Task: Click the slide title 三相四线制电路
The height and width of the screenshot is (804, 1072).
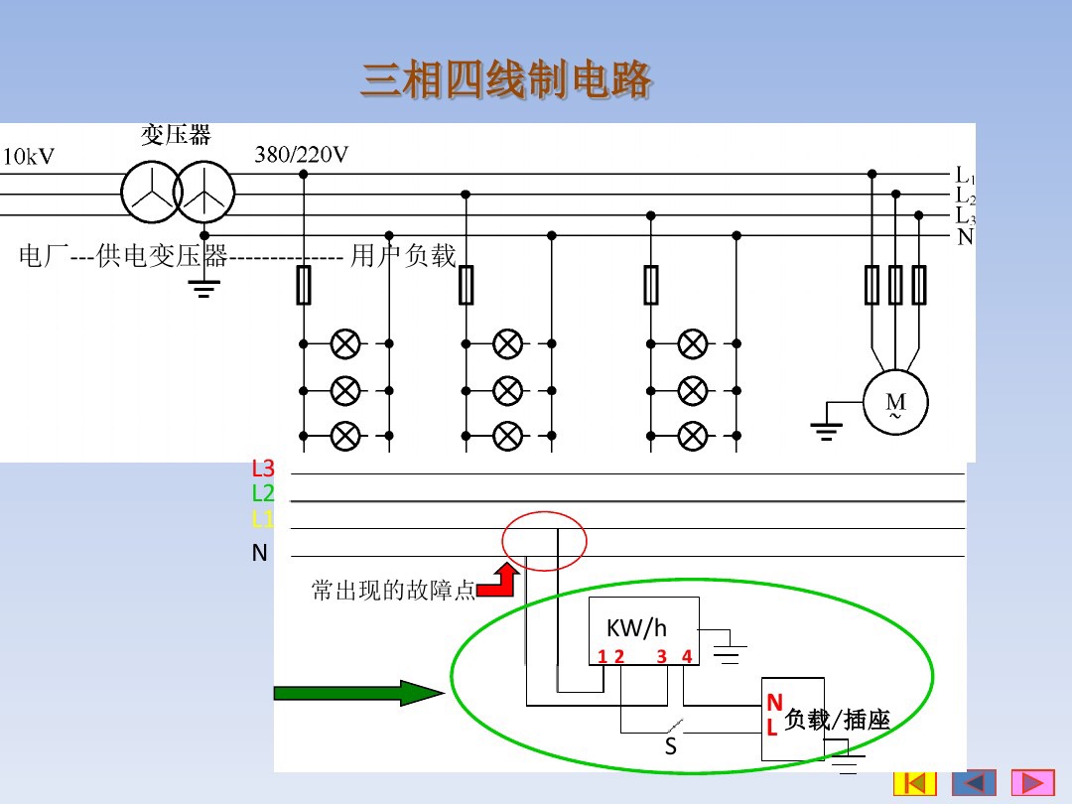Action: pos(506,79)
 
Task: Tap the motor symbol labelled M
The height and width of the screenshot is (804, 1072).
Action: pos(895,403)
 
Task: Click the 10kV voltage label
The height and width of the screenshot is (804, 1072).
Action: pos(29,157)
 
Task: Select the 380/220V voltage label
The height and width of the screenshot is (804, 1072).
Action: pos(302,155)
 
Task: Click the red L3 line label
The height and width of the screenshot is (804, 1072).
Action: pos(263,469)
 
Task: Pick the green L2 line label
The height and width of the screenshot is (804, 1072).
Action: pos(263,493)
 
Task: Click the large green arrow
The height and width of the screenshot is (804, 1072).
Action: pos(355,693)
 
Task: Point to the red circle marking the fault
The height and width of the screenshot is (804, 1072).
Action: pos(545,542)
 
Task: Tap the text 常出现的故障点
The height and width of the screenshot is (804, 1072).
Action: pos(393,591)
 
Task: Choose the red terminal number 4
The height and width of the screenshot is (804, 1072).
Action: pos(686,656)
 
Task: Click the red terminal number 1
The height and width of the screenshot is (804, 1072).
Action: pos(602,656)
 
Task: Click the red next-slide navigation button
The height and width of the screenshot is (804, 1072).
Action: pos(1032,783)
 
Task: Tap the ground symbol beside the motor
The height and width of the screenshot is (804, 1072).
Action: pos(826,429)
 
